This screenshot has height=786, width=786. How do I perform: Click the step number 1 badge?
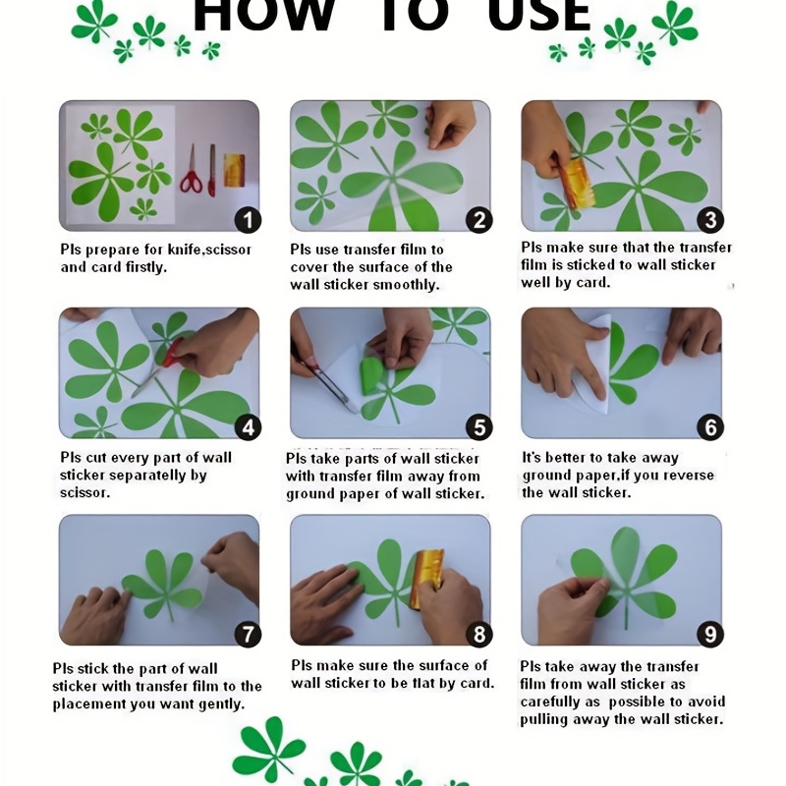[249, 220]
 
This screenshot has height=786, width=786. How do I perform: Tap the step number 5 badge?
[479, 427]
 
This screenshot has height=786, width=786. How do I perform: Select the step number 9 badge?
[710, 634]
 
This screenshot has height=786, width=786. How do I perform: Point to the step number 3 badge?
[710, 220]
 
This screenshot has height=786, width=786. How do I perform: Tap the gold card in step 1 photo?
[234, 170]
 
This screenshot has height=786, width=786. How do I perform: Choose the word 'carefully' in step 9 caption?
[552, 702]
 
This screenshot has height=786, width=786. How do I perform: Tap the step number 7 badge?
[249, 634]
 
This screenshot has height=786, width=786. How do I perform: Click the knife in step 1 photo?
[212, 170]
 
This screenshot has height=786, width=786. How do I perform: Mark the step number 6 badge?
[710, 427]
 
